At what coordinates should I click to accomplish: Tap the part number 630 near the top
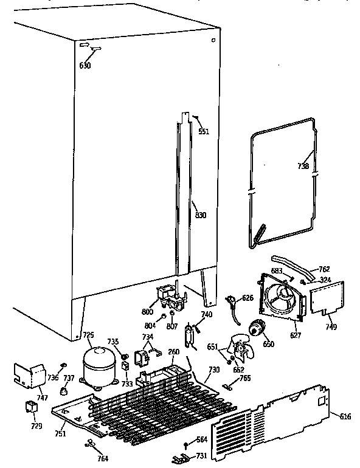tap(85, 65)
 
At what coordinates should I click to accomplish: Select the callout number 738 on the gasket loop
tap(303, 166)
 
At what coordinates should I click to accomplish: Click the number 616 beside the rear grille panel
tap(345, 416)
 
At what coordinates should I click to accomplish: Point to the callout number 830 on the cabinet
tap(200, 215)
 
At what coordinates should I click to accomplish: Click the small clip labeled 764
tap(91, 444)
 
